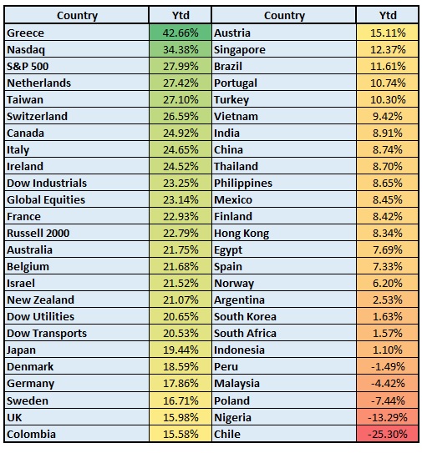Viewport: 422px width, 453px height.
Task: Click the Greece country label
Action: click(25, 33)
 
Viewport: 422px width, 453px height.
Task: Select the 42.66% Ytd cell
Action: click(180, 33)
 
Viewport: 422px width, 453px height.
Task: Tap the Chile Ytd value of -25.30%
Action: click(388, 434)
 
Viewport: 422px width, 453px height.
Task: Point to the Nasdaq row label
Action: click(26, 50)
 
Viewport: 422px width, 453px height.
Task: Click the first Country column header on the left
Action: click(77, 16)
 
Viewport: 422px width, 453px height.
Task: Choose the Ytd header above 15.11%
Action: click(388, 15)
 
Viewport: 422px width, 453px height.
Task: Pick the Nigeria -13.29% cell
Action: click(388, 417)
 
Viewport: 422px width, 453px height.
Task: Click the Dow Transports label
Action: click(47, 334)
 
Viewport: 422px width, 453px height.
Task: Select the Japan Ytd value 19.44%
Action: click(180, 350)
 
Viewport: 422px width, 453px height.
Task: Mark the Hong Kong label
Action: click(242, 234)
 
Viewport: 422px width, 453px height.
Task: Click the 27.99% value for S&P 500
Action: click(180, 67)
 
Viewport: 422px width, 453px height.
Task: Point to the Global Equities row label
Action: click(46, 200)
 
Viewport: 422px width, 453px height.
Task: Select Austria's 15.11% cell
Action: click(388, 33)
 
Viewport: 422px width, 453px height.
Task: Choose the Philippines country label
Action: click(243, 184)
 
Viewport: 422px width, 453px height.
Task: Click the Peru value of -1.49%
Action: click(388, 366)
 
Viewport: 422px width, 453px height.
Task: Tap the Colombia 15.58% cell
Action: click(180, 434)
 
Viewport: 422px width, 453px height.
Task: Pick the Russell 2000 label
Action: click(38, 233)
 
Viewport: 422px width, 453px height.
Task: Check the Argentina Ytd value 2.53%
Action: click(388, 299)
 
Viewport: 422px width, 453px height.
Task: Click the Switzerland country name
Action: click(38, 117)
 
